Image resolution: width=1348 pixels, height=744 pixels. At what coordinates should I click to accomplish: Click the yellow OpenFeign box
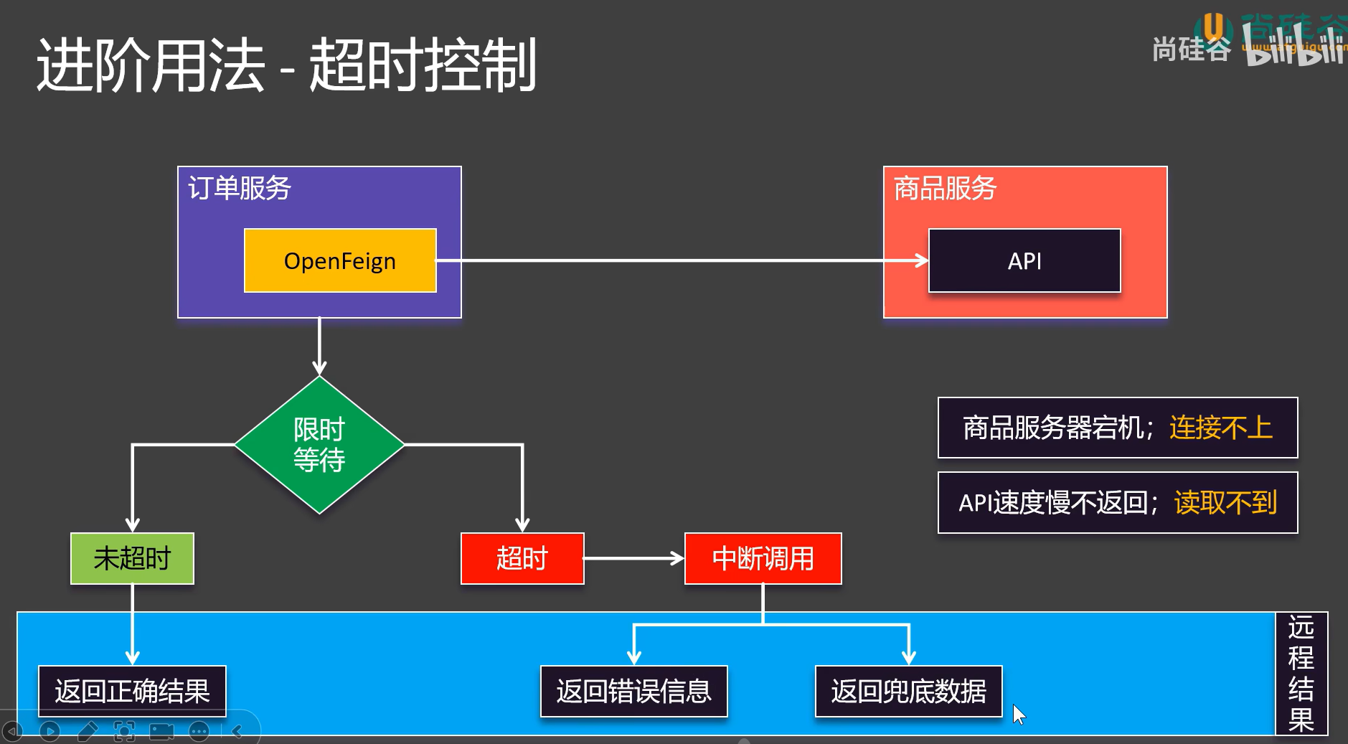point(340,260)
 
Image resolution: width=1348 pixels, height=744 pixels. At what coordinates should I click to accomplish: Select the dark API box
point(1024,260)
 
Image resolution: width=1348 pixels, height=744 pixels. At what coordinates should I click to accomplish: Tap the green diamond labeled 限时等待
point(319,445)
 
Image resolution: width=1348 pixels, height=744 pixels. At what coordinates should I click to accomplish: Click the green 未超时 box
point(132,558)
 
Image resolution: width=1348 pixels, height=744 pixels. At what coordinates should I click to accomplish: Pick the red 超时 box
point(522,558)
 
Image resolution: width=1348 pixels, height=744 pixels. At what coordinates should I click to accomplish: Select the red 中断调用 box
point(763,558)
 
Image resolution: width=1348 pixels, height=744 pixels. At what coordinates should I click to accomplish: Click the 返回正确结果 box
point(132,691)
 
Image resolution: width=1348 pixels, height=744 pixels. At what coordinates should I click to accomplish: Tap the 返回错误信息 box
point(633,691)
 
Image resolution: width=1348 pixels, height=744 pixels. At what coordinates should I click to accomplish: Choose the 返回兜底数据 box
point(908,691)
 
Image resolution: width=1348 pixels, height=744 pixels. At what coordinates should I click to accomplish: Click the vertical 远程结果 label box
point(1301,673)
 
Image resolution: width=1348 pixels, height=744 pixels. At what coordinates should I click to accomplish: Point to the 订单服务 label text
point(239,188)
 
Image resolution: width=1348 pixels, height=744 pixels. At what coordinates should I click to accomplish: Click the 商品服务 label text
point(945,188)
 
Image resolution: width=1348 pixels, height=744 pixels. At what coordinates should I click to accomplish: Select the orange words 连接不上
point(1220,428)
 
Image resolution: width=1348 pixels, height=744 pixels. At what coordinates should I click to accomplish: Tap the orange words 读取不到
point(1225,502)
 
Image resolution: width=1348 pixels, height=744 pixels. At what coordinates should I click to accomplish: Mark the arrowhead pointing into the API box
point(922,260)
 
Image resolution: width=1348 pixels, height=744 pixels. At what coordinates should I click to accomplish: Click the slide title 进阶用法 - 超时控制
point(286,65)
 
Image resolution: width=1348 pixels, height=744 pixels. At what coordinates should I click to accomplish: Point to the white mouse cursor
point(1019,713)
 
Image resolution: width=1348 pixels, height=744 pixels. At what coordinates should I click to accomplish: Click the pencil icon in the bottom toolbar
point(88,731)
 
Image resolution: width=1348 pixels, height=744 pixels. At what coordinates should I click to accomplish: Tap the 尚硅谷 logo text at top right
point(1191,49)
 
